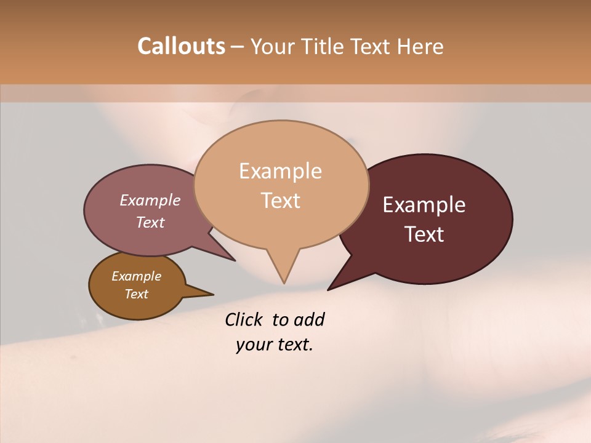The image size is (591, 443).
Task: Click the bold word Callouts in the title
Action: click(181, 46)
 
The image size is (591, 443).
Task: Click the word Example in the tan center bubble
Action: click(280, 171)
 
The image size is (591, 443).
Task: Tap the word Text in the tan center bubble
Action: click(280, 201)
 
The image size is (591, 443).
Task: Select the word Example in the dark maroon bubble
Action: click(424, 205)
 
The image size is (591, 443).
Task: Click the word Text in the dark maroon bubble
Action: click(424, 234)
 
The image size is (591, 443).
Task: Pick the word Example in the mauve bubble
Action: click(150, 201)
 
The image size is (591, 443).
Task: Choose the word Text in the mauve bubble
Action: click(150, 223)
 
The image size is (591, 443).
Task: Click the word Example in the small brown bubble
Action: click(136, 276)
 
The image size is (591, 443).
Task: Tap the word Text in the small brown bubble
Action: click(136, 294)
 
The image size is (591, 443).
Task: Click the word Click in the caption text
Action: click(245, 320)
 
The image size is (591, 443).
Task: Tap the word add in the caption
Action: click(309, 320)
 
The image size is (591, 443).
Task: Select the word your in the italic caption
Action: click(253, 345)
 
